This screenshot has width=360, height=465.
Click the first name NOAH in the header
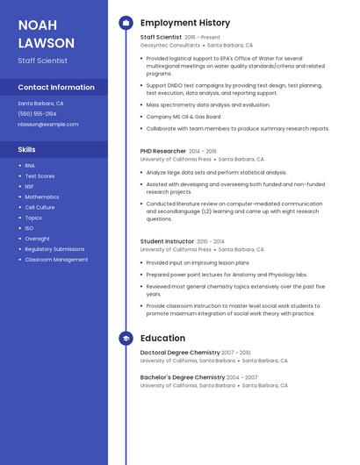[37, 25]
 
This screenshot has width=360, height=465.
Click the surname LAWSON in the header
[47, 42]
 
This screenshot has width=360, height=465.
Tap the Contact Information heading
[56, 87]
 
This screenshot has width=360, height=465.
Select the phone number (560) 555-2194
[37, 113]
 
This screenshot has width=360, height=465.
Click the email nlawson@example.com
[48, 124]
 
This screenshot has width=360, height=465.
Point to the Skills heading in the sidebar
[26, 149]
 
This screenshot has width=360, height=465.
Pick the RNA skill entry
[30, 165]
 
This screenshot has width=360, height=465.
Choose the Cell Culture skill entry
[40, 207]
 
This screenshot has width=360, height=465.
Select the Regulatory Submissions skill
[54, 249]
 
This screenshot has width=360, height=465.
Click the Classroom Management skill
[56, 260]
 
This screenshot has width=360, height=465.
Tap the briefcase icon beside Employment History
[126, 23]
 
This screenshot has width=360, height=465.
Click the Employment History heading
[185, 23]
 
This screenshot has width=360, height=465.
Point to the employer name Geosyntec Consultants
[170, 45]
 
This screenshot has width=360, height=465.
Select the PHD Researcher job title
[163, 151]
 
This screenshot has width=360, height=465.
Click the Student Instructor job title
[167, 240]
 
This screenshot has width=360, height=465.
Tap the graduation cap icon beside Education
[126, 338]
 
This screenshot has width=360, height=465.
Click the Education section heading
[162, 338]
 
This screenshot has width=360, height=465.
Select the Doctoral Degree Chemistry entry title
[179, 352]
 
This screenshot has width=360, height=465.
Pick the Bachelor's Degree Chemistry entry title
[183, 377]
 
